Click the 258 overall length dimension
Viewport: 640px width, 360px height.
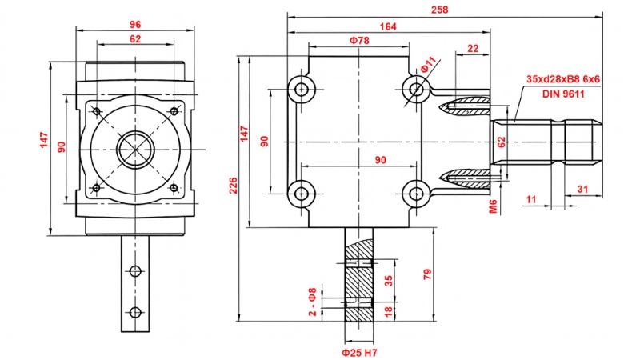tap(439, 10)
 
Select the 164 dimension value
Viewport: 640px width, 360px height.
tap(388, 26)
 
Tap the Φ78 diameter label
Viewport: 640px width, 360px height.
tap(358, 40)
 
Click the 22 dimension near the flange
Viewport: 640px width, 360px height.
tap(472, 50)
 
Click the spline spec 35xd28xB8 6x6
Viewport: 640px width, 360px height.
tap(563, 79)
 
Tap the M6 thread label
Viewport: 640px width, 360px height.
tap(493, 207)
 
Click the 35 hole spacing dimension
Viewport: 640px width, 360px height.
tap(389, 280)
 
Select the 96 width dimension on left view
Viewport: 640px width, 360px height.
tap(134, 23)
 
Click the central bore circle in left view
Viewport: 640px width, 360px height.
tap(134, 149)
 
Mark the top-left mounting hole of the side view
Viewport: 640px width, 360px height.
tap(302, 88)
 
